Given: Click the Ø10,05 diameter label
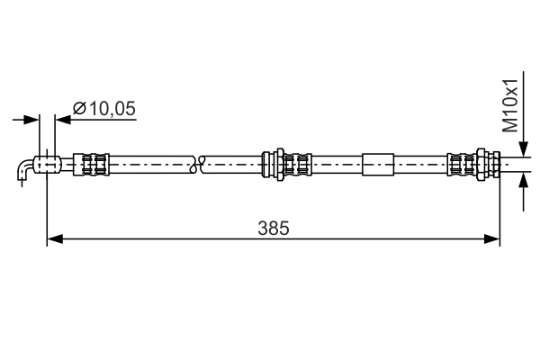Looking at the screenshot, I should pyautogui.click(x=103, y=108).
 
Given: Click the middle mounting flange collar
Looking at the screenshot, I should pyautogui.click(x=267, y=164).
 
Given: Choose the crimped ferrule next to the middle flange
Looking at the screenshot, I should pyautogui.click(x=297, y=164).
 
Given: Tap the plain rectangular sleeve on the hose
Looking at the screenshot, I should pyautogui.click(x=378, y=164).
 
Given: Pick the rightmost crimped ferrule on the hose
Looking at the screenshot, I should pyautogui.click(x=462, y=164).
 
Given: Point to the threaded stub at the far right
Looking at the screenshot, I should pyautogui.click(x=513, y=164).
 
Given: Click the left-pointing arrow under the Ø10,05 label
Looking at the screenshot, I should pyautogui.click(x=63, y=118).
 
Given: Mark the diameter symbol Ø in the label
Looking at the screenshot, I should pyautogui.click(x=78, y=108).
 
